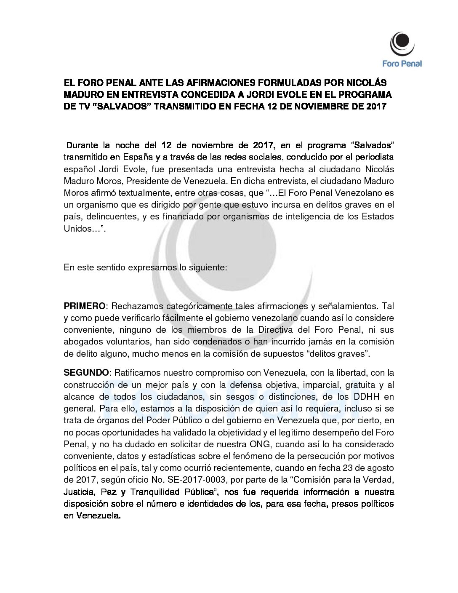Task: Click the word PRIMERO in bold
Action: (x=84, y=306)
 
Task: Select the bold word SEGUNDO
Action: (x=86, y=372)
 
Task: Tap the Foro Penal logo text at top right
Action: (x=402, y=64)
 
